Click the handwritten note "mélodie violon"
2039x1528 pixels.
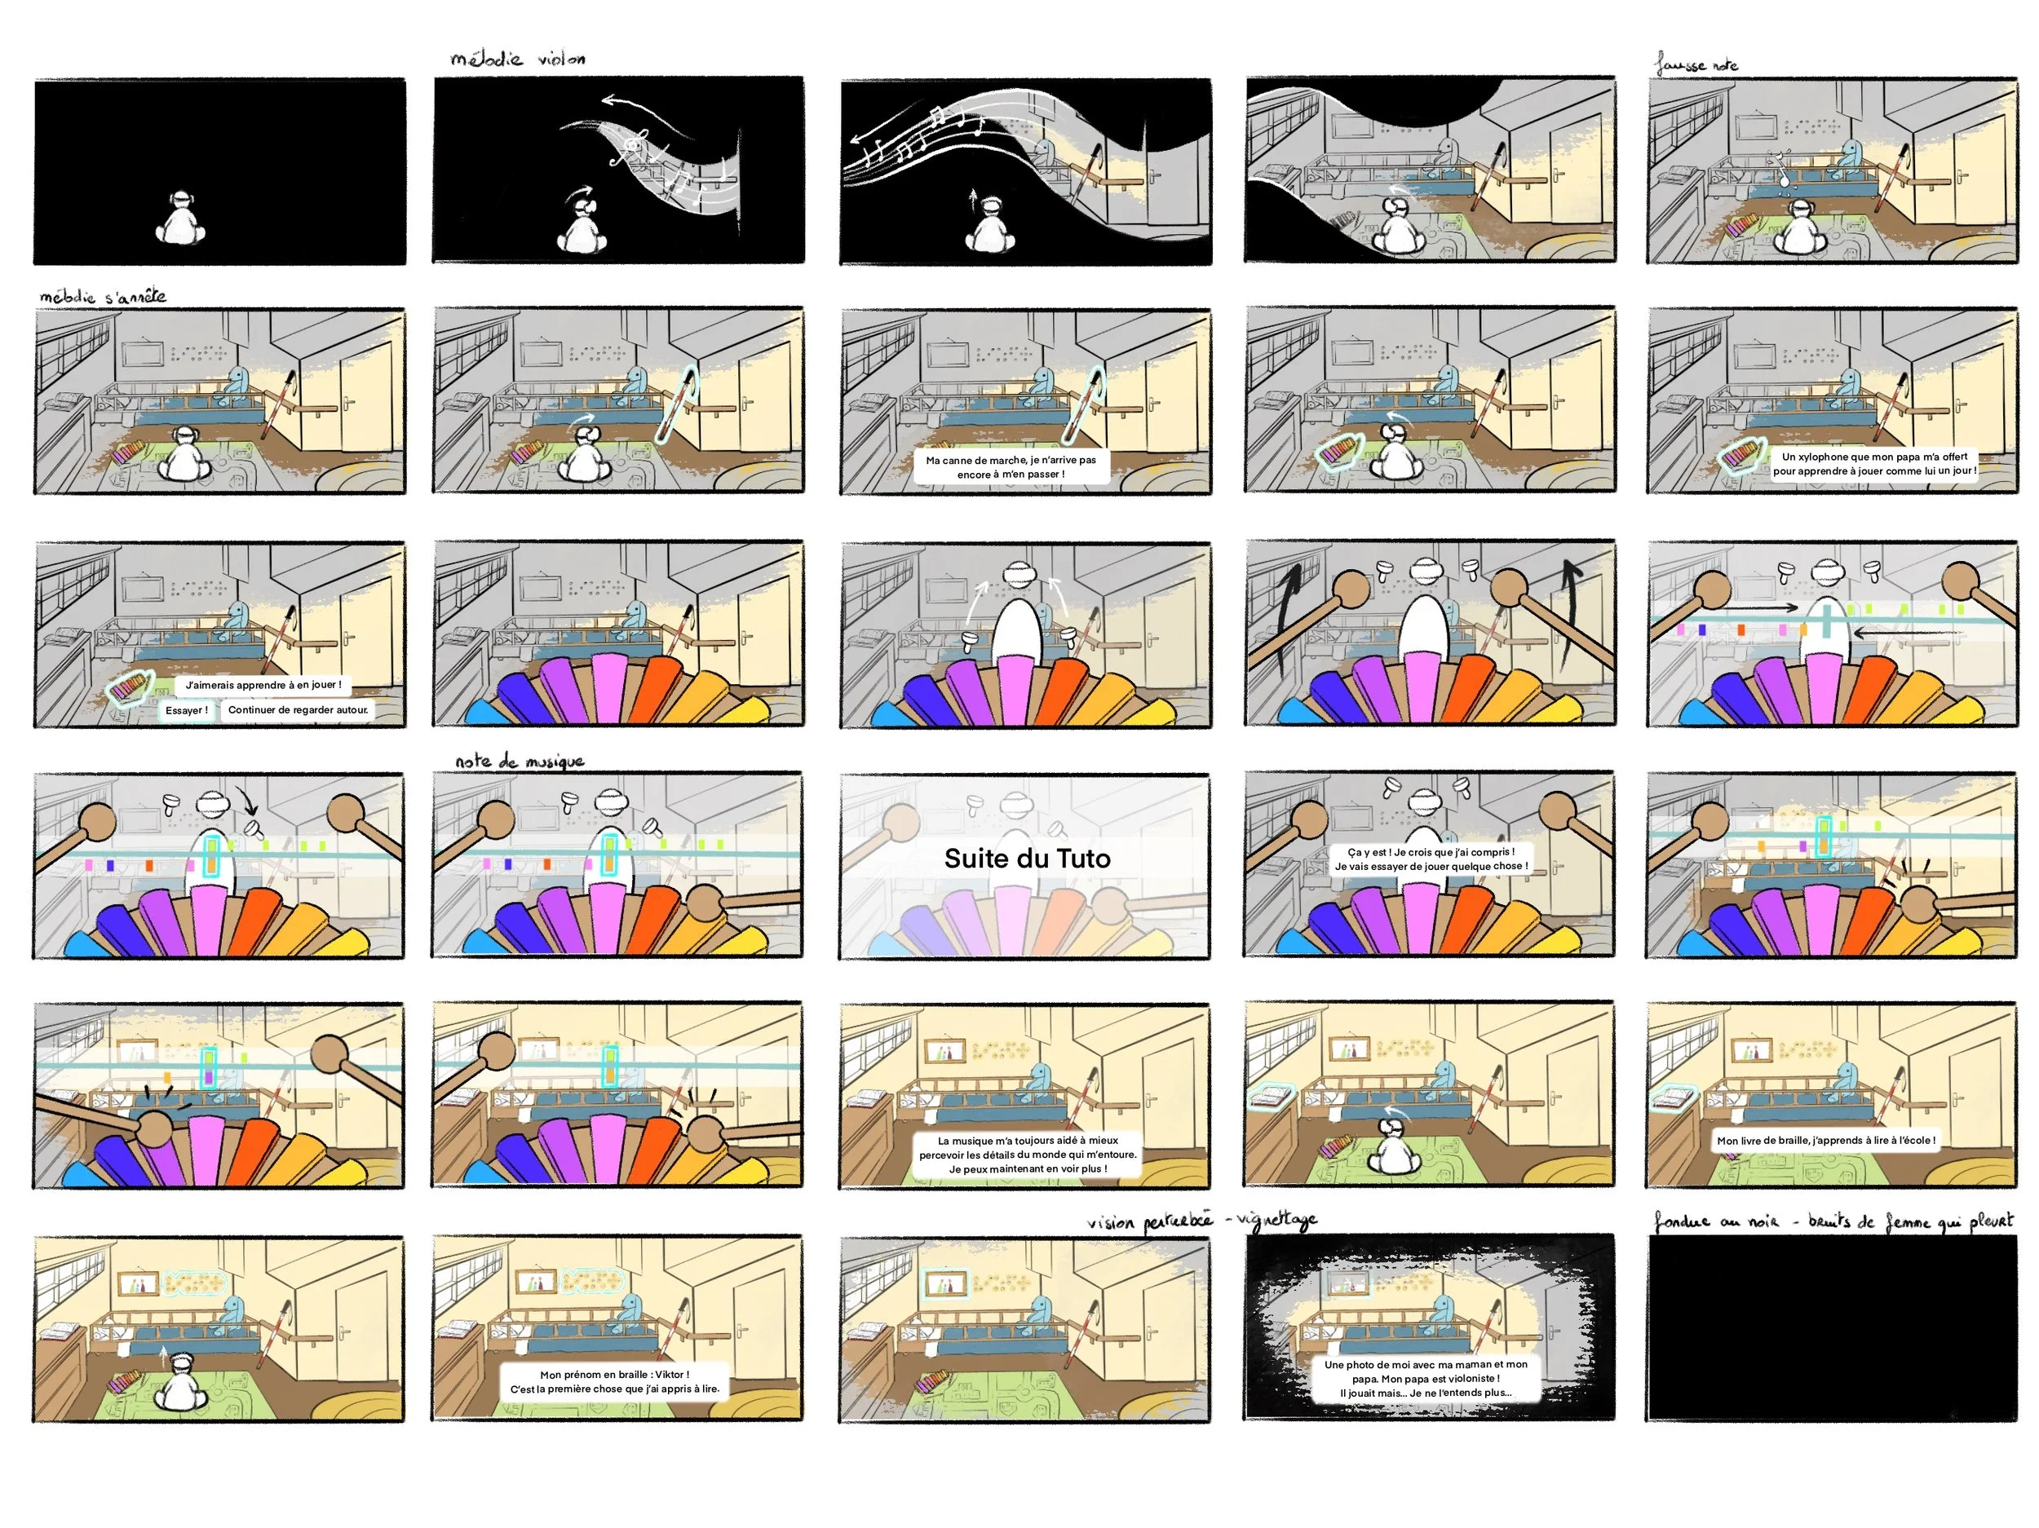tap(517, 59)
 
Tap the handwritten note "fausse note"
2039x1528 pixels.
tap(1696, 65)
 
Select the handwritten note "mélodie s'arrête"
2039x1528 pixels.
tap(102, 297)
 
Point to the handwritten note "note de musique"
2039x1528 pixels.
tap(519, 762)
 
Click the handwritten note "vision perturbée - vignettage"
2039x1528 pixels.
tap(1201, 1222)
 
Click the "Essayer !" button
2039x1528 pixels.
tap(186, 710)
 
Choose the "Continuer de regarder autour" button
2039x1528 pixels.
tap(298, 710)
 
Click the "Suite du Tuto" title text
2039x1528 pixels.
tap(1027, 859)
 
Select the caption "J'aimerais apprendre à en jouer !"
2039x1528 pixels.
tap(263, 685)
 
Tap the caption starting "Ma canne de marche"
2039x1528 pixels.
tap(1011, 467)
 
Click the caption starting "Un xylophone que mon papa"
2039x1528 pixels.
tap(1874, 464)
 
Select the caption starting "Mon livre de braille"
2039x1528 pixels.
tap(1825, 1140)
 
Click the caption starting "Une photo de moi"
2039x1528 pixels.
tap(1425, 1379)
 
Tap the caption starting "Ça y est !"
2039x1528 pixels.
tap(1431, 859)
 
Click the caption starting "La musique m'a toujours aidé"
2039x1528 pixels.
tap(1028, 1154)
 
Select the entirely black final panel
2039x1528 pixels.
tap(1833, 1328)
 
